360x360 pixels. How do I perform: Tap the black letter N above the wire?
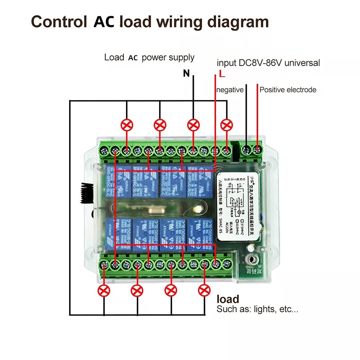coord(186,74)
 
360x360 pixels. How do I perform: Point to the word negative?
coord(230,90)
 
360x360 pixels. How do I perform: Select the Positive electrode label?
coord(288,90)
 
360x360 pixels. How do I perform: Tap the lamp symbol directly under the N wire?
coord(193,125)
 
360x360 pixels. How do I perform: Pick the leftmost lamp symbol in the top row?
coord(127,125)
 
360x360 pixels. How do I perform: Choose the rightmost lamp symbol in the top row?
coord(226,125)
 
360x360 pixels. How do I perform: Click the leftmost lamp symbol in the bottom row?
coord(104,290)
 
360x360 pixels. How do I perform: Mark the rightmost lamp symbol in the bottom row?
coord(204,290)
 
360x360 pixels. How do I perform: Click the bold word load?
coord(228,299)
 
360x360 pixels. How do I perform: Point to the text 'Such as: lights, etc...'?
coord(257,309)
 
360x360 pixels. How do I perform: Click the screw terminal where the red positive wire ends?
coord(257,149)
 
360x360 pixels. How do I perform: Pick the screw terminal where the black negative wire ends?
coord(246,149)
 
